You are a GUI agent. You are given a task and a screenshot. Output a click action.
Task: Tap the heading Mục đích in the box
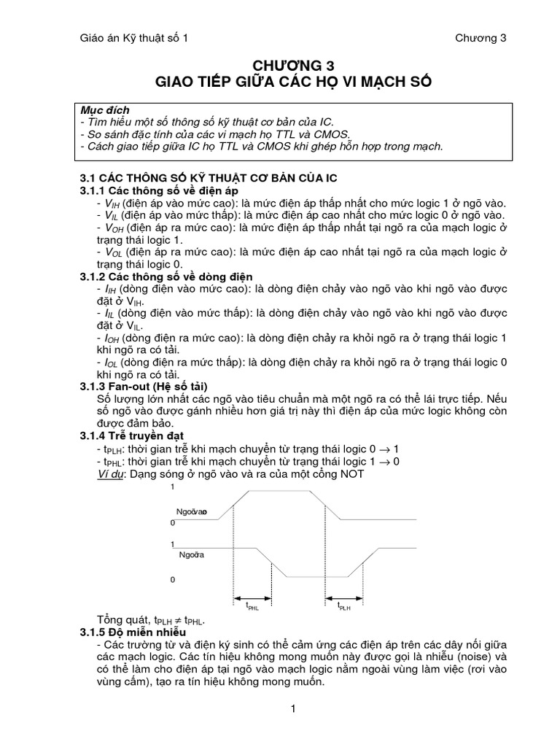coord(105,110)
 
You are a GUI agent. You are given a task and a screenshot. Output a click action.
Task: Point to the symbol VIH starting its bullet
coord(111,203)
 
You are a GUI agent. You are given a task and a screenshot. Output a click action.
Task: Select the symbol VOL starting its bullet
coord(112,252)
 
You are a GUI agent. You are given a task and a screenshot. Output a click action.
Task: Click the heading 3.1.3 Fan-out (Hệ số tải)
coord(148,385)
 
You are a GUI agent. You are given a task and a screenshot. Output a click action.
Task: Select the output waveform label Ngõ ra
coord(190,555)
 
